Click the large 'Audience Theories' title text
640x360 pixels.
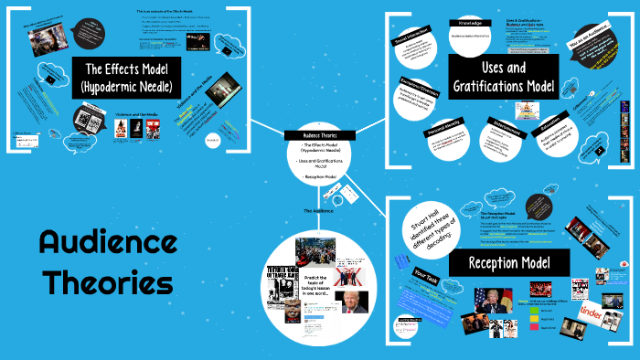(108, 261)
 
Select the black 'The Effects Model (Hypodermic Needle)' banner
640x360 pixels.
(129, 78)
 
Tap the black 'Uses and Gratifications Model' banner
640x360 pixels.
(503, 77)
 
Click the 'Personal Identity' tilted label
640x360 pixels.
(443, 132)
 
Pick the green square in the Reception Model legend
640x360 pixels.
(532, 309)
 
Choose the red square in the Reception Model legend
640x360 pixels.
(532, 325)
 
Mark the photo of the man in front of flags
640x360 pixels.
(489, 301)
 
